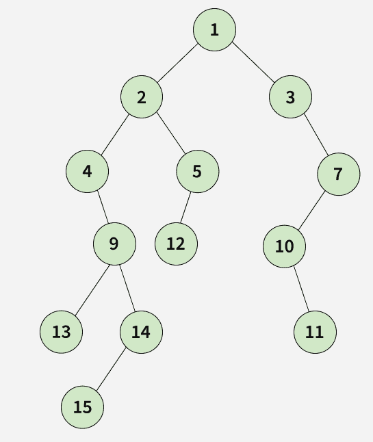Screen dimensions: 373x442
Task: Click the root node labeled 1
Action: [x=214, y=30]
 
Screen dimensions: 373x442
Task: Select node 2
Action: [x=142, y=96]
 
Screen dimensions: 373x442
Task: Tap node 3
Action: [x=290, y=96]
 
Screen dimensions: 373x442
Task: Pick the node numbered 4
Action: [x=87, y=171]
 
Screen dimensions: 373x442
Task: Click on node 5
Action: [x=198, y=171]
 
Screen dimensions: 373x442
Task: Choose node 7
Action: [x=339, y=174]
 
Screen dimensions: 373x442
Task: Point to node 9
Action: [x=114, y=244]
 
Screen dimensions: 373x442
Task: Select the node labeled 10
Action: [x=284, y=246]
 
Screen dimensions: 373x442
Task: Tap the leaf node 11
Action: [x=315, y=332]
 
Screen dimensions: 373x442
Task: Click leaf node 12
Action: [x=176, y=244]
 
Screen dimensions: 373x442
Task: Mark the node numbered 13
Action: [x=61, y=332]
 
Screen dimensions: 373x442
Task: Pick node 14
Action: [x=141, y=332]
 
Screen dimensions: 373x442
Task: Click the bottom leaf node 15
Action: [x=82, y=407]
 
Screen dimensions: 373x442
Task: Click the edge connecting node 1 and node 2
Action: [x=178, y=64]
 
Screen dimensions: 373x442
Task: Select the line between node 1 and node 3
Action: [x=253, y=63]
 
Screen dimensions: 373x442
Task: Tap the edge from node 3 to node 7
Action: [x=316, y=135]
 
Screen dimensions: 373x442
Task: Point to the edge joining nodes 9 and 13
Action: [x=92, y=289]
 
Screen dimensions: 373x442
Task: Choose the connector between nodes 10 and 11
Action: [x=301, y=289]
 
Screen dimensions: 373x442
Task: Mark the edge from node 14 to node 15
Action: [x=111, y=369]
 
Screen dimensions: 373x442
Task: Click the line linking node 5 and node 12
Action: [x=185, y=207]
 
